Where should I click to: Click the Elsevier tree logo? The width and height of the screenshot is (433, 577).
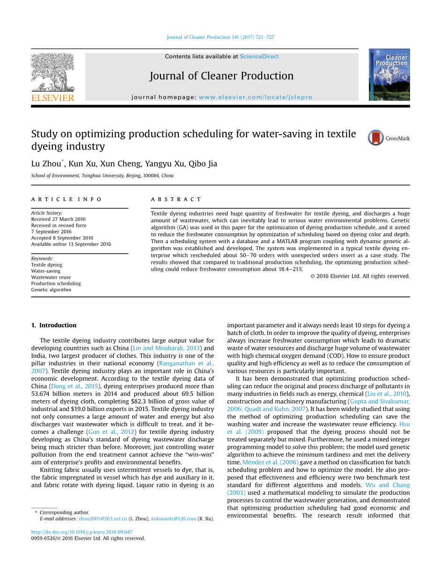pyautogui.click(x=52, y=75)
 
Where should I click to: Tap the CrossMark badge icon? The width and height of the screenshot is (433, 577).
pyautogui.click(x=376, y=138)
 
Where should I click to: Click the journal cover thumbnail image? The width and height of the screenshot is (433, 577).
pyautogui.click(x=389, y=75)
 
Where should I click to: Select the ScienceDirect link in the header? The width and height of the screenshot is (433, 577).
pyautogui.click(x=259, y=57)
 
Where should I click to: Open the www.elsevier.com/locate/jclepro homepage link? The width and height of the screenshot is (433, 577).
pyautogui.click(x=255, y=97)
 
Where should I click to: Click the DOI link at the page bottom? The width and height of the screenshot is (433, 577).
pyautogui.click(x=81, y=532)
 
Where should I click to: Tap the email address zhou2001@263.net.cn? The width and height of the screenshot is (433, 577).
pyautogui.click(x=103, y=519)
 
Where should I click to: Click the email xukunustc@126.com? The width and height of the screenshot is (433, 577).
pyautogui.click(x=173, y=519)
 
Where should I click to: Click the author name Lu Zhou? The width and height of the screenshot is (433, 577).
pyautogui.click(x=46, y=164)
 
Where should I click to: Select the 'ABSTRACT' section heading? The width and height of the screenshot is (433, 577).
pyautogui.click(x=176, y=199)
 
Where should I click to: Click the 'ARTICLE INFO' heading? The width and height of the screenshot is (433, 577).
pyautogui.click(x=66, y=199)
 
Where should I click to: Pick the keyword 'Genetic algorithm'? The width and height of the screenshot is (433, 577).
pyautogui.click(x=51, y=290)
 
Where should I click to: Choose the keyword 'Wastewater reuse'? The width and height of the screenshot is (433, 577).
pyautogui.click(x=51, y=277)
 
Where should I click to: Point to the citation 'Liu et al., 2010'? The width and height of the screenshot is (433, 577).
pyautogui.click(x=387, y=394)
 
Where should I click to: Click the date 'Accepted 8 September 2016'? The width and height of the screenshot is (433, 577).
pyautogui.click(x=62, y=238)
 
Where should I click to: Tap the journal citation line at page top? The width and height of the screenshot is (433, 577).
pyautogui.click(x=220, y=37)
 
